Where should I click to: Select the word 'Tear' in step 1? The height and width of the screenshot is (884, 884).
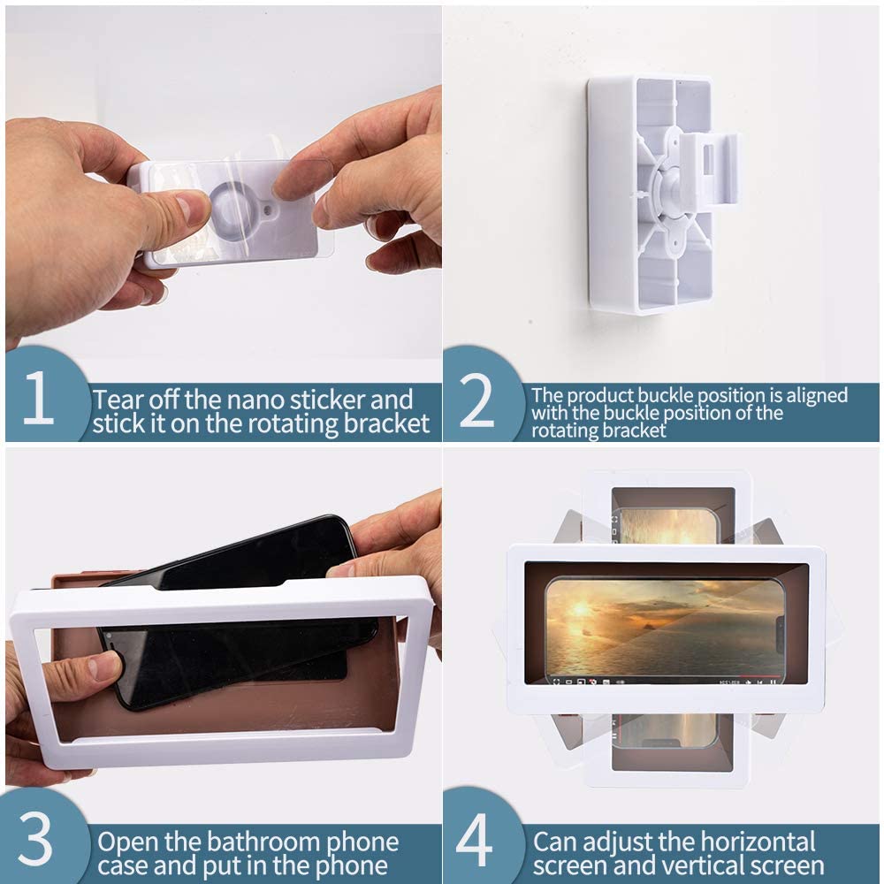[123, 399]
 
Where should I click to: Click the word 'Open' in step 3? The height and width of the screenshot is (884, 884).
[129, 842]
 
